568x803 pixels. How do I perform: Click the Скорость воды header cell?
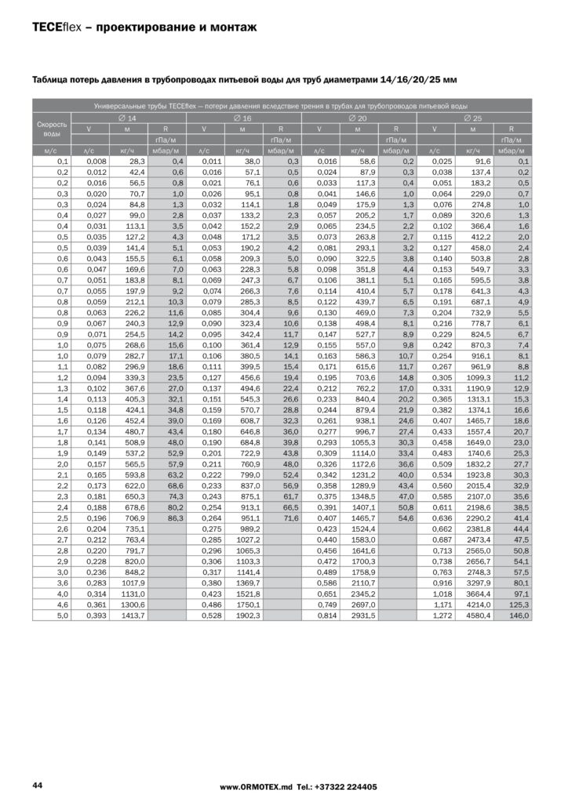click(x=52, y=128)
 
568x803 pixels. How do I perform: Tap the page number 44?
click(x=37, y=785)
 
